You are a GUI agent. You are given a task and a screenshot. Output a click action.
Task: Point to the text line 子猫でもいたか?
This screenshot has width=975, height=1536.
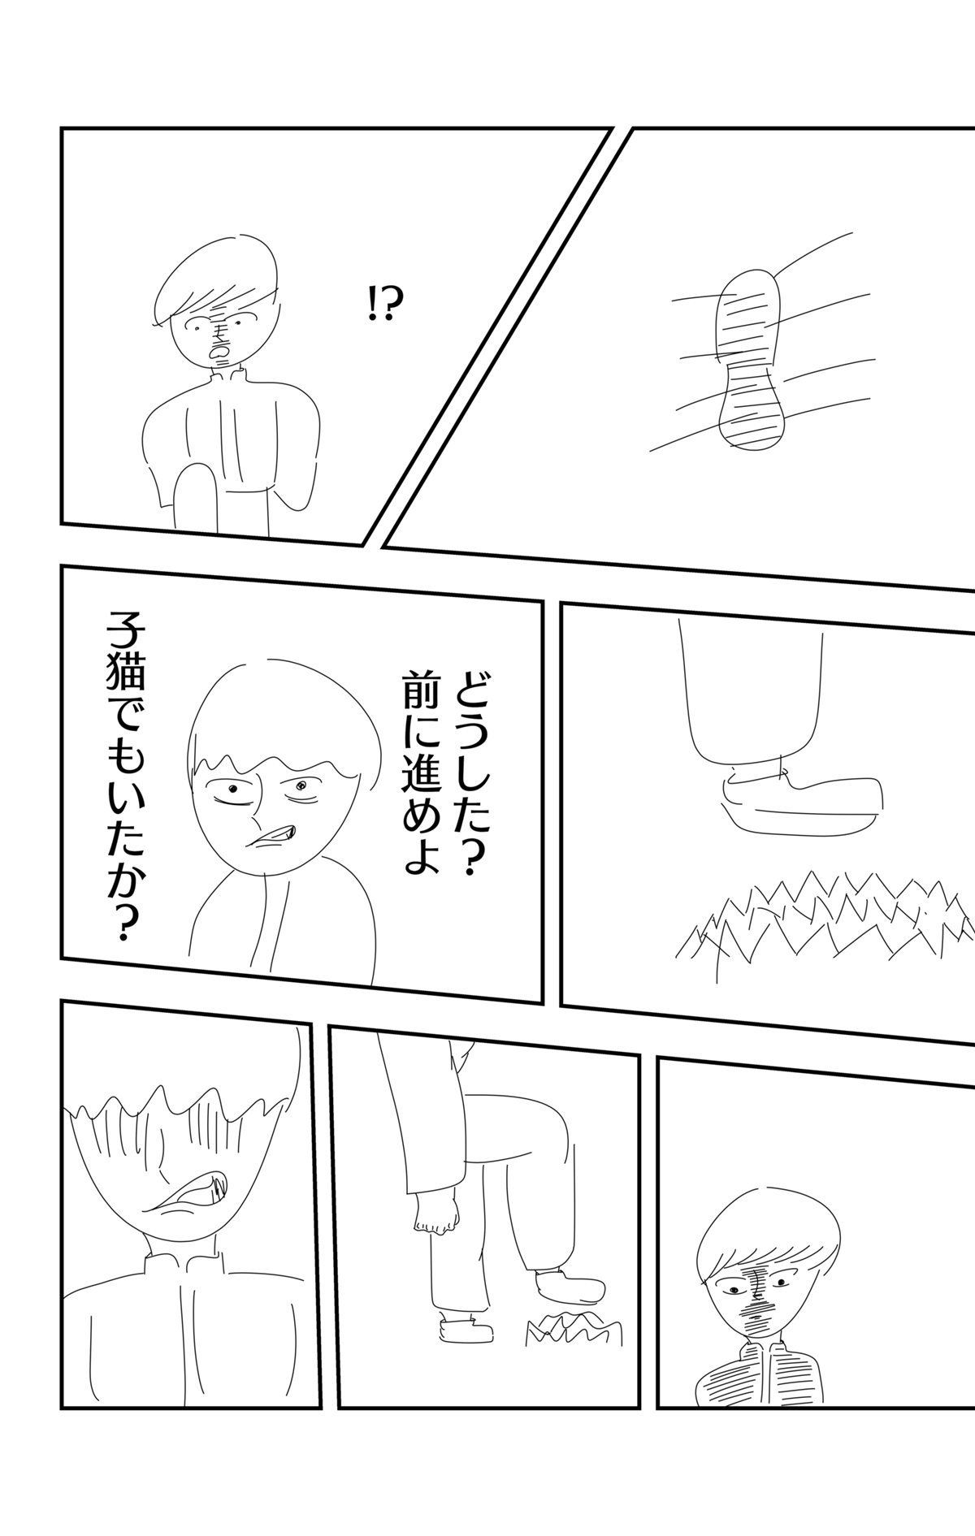point(117,780)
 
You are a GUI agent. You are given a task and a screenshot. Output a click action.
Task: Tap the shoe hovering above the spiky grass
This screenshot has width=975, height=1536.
point(801,797)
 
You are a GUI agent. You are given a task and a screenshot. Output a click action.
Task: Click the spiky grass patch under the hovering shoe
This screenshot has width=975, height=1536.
point(825,918)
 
